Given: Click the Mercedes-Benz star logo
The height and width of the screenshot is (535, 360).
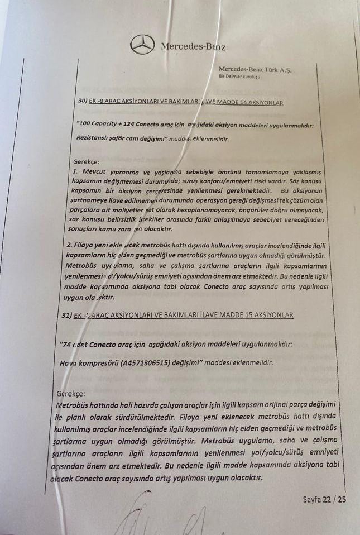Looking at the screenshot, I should [x=142, y=45].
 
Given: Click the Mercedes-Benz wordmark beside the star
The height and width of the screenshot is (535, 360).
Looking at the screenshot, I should [x=193, y=46].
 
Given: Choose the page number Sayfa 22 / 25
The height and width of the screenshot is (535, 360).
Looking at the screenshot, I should [x=325, y=499].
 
